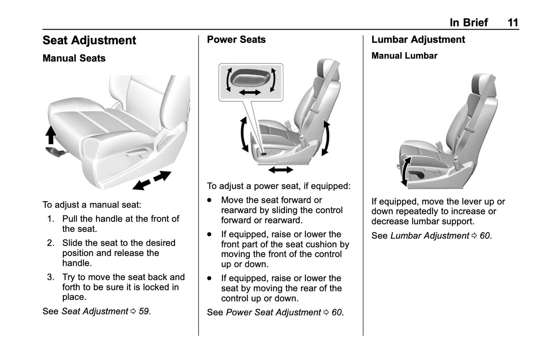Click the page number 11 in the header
(x=513, y=23)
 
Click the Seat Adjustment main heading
(x=89, y=40)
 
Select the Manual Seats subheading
(x=74, y=59)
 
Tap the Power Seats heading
(x=236, y=40)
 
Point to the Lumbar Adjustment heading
(x=418, y=40)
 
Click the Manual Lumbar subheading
(x=404, y=56)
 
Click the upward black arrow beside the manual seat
(x=51, y=135)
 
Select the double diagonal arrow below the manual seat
(x=152, y=180)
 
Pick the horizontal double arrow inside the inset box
(x=250, y=92)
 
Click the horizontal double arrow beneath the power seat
(x=281, y=170)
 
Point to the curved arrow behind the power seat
(x=326, y=138)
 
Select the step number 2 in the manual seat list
(x=51, y=243)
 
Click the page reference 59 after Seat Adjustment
(x=144, y=311)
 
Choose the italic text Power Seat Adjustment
(x=273, y=312)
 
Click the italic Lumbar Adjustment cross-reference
(x=429, y=236)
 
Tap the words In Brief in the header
(x=469, y=23)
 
